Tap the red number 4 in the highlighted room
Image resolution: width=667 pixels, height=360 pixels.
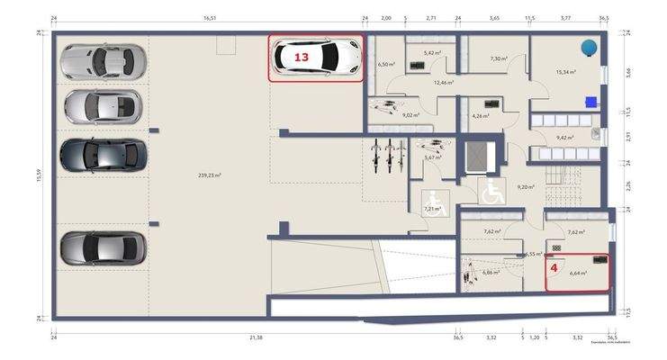point(554,267)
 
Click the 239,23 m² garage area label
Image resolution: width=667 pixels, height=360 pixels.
point(209,175)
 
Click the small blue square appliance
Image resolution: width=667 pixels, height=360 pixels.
point(590,101)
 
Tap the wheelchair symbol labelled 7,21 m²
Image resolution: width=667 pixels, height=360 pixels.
point(434,201)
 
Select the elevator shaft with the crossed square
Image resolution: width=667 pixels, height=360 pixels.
point(476,157)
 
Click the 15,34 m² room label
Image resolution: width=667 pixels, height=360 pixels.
point(565,72)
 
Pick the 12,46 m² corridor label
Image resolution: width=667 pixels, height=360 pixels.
point(443,82)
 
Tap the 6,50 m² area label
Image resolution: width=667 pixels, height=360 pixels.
point(387,65)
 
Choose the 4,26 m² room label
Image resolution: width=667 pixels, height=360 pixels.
point(480,115)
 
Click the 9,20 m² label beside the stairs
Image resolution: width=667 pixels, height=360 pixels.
point(527,187)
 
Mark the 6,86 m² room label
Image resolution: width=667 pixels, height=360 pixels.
point(491,272)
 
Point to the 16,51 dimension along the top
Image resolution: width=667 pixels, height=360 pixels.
point(211,17)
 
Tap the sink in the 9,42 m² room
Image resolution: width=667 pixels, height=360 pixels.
point(596,134)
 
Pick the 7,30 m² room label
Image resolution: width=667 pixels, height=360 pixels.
point(496,58)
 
